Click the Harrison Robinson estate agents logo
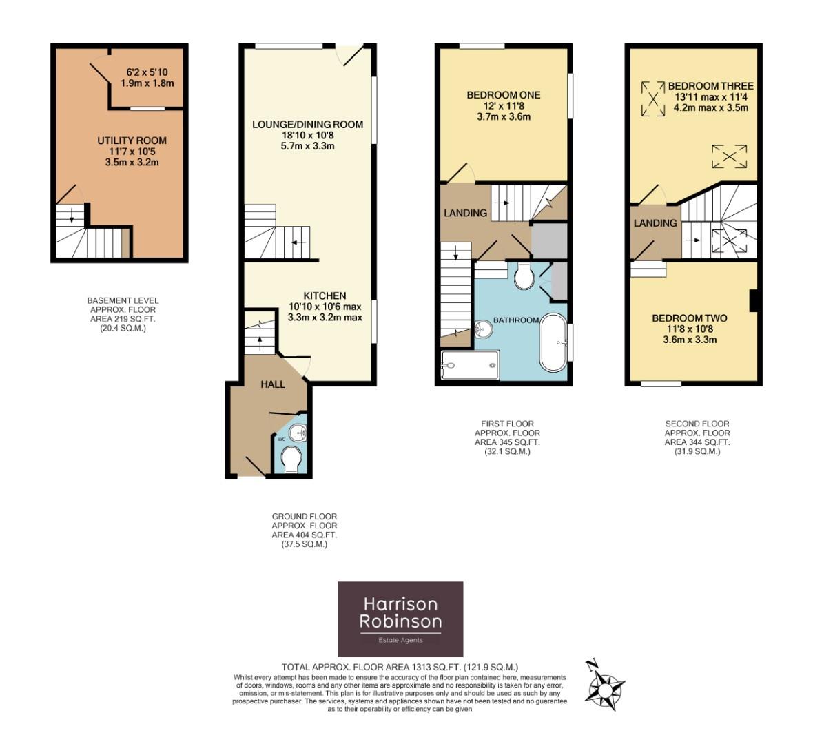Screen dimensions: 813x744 (400, 619)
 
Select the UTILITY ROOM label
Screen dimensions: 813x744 (132, 141)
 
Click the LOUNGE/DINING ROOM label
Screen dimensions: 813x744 (307, 125)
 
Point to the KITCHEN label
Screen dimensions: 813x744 (325, 296)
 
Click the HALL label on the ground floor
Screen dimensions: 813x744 (273, 384)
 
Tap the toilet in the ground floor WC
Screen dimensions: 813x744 (291, 460)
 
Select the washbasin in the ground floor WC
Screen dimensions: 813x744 (298, 433)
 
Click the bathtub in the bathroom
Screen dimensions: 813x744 (554, 342)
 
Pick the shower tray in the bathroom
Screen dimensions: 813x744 (471, 365)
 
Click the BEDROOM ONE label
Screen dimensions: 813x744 (504, 95)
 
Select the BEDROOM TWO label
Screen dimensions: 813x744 (690, 318)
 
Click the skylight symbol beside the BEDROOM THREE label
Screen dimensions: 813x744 (652, 99)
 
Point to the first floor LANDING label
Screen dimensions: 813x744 (465, 213)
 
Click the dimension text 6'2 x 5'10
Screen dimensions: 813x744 (147, 72)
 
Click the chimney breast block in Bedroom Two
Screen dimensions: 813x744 (753, 300)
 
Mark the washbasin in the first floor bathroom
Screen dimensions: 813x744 (483, 328)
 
